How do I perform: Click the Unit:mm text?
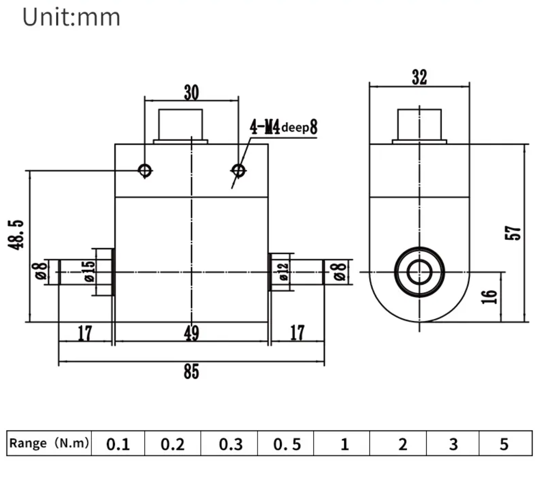coord(71,18)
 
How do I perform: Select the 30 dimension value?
coord(191,93)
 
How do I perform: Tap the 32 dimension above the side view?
coord(419,78)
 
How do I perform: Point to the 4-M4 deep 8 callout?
coord(283,127)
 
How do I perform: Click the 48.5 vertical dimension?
coord(16,235)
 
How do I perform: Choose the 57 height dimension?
coord(513,233)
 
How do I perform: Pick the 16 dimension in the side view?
coord(489,296)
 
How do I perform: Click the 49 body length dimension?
coord(191,333)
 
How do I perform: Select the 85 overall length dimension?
coord(191,371)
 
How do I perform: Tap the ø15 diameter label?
coord(89,271)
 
